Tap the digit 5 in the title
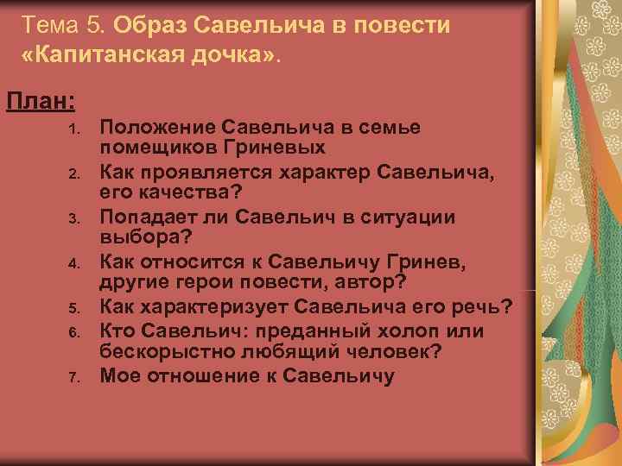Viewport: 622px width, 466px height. (95, 25)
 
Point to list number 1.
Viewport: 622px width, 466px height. (75, 129)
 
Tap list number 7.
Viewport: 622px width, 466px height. (75, 377)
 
